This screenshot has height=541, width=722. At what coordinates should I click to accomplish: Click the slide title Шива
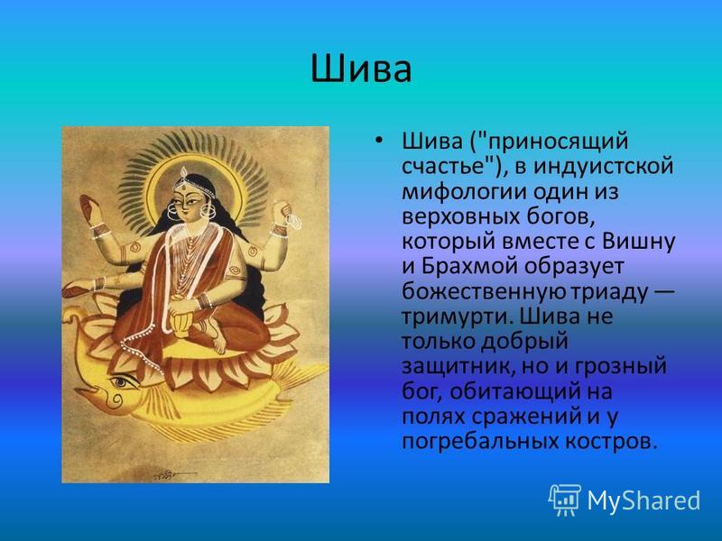tap(361, 69)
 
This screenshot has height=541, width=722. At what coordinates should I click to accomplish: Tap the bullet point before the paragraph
tap(378, 140)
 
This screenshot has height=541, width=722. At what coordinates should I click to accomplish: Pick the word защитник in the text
tap(453, 367)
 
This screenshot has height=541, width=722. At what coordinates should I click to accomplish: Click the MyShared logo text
tap(643, 500)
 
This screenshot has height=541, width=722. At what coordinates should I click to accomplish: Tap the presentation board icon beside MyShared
tap(564, 500)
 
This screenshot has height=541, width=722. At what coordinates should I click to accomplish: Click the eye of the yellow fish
tap(121, 381)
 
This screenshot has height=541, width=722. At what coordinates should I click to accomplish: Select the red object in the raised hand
tap(87, 208)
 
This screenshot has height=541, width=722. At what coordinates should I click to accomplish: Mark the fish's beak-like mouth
tap(86, 394)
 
